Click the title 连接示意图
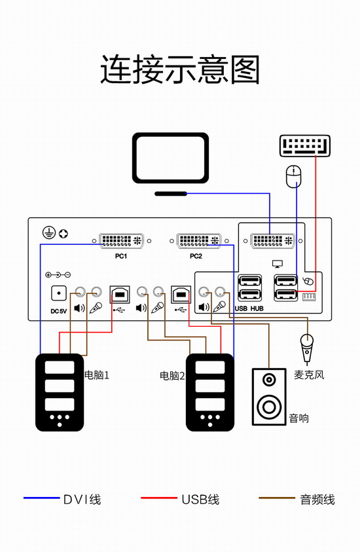tap(180, 69)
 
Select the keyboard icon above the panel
tap(305, 145)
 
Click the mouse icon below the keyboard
tap(293, 177)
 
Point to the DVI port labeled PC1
tap(121, 241)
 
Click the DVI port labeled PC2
tap(199, 241)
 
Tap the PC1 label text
tap(121, 256)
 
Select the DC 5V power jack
tap(59, 293)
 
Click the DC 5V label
tap(58, 311)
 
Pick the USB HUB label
tap(249, 308)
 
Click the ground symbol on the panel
tap(49, 233)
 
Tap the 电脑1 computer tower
tap(60, 392)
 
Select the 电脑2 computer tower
tap(209, 392)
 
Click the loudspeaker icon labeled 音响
tap(269, 397)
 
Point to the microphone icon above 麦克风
tap(307, 348)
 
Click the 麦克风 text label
tap(309, 375)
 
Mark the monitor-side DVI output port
tap(273, 241)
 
